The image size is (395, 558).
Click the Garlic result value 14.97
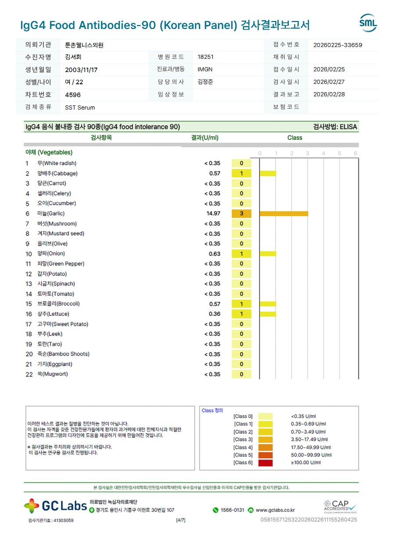coord(213,214)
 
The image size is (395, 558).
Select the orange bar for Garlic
coord(284,214)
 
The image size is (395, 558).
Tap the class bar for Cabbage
coord(268,173)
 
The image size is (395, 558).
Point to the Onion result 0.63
coord(215,254)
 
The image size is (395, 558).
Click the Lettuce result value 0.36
coord(215,314)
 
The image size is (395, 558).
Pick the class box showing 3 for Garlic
coord(241,214)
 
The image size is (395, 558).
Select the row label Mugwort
coord(52,374)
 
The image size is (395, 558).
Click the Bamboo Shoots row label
coord(63,354)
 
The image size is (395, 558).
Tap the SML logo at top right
coord(368,23)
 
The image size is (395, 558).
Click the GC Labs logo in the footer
coord(55,506)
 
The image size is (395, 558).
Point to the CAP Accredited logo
coord(340,506)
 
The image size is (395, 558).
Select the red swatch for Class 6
coord(266,463)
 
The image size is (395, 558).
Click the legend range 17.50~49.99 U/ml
coord(310,447)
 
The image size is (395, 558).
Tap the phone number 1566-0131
coord(232,510)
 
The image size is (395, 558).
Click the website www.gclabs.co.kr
coord(275,510)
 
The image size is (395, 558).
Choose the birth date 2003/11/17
coord(81,70)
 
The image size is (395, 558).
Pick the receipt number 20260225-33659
coord(338,45)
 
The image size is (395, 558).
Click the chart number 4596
coord(73,95)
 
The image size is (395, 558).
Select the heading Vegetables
coord(49,152)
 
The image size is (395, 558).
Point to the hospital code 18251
coord(206,57)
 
